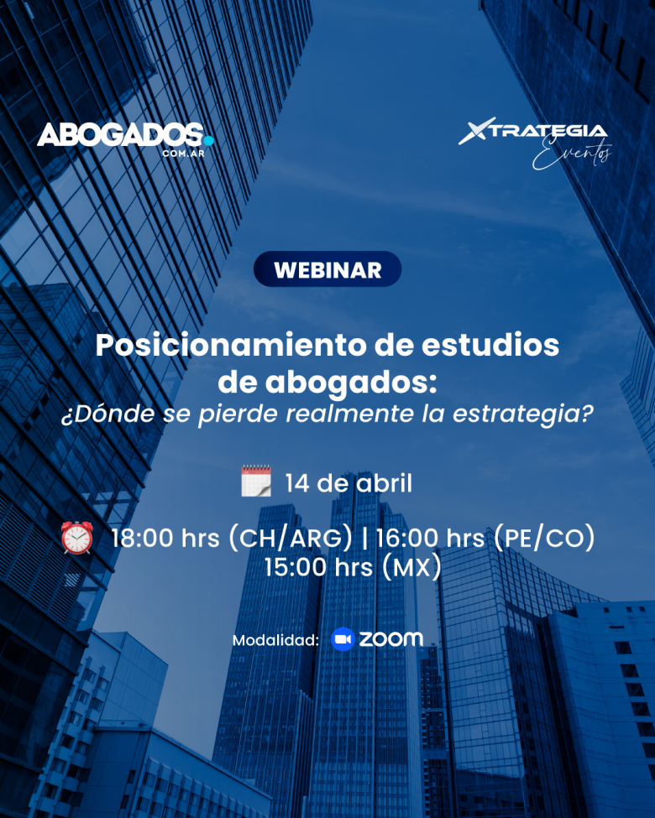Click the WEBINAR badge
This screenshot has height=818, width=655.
click(327, 269)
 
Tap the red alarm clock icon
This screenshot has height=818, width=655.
click(77, 537)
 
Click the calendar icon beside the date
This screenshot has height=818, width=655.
click(256, 481)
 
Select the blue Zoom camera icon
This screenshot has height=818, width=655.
click(343, 639)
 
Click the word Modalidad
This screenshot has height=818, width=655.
click(275, 640)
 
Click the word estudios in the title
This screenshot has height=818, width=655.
click(490, 345)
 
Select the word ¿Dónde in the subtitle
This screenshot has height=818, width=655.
click(108, 414)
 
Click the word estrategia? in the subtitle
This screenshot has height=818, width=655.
click(523, 414)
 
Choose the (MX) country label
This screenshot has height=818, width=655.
click(411, 568)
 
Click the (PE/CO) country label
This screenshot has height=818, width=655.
click(543, 538)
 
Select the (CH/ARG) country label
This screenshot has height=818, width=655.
click(291, 538)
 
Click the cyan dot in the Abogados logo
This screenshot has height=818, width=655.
click(208, 140)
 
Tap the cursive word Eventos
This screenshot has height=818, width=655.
click(572, 154)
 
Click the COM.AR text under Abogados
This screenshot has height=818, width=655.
click(183, 154)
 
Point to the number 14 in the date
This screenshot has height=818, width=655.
click(297, 483)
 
